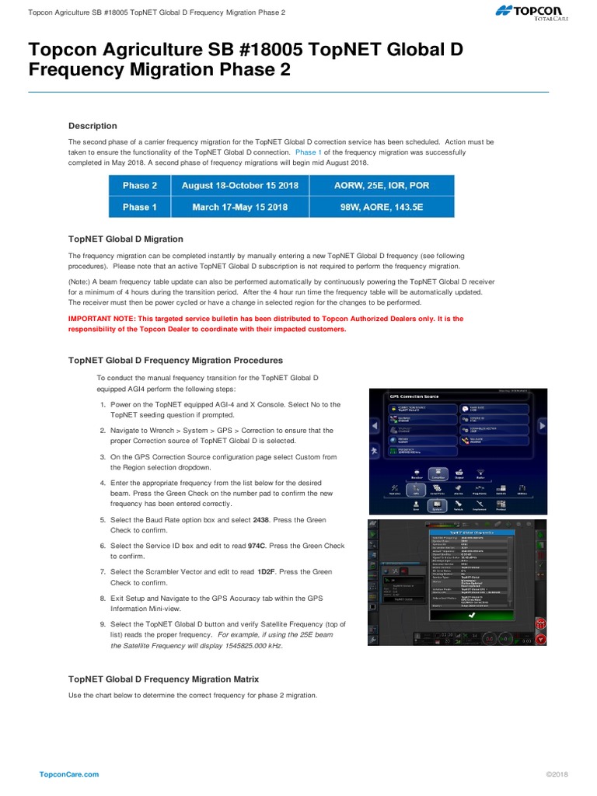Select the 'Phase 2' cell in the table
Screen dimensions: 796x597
(x=140, y=186)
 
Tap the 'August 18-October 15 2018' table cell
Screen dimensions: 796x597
(x=240, y=186)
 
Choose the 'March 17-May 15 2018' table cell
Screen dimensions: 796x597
(x=235, y=207)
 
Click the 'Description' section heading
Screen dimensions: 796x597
(x=93, y=126)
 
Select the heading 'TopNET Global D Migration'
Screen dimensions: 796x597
(x=126, y=239)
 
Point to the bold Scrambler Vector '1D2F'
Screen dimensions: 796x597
(x=267, y=571)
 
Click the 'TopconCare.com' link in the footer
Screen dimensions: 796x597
(x=69, y=774)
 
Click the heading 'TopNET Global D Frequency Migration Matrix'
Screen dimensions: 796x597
(x=163, y=679)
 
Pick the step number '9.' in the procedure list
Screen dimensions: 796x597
(x=103, y=623)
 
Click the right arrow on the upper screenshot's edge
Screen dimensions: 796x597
(x=543, y=424)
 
